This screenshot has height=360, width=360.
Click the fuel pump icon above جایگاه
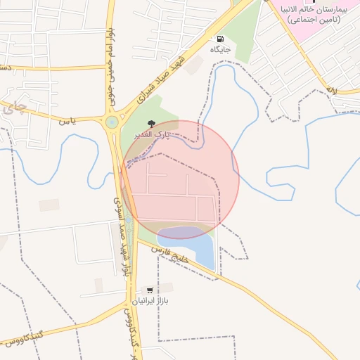coord(221,39)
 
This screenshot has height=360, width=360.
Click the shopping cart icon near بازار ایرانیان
coord(149,289)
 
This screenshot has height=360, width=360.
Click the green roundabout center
coord(112,122)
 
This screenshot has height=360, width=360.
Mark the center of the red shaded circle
coord(180,179)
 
